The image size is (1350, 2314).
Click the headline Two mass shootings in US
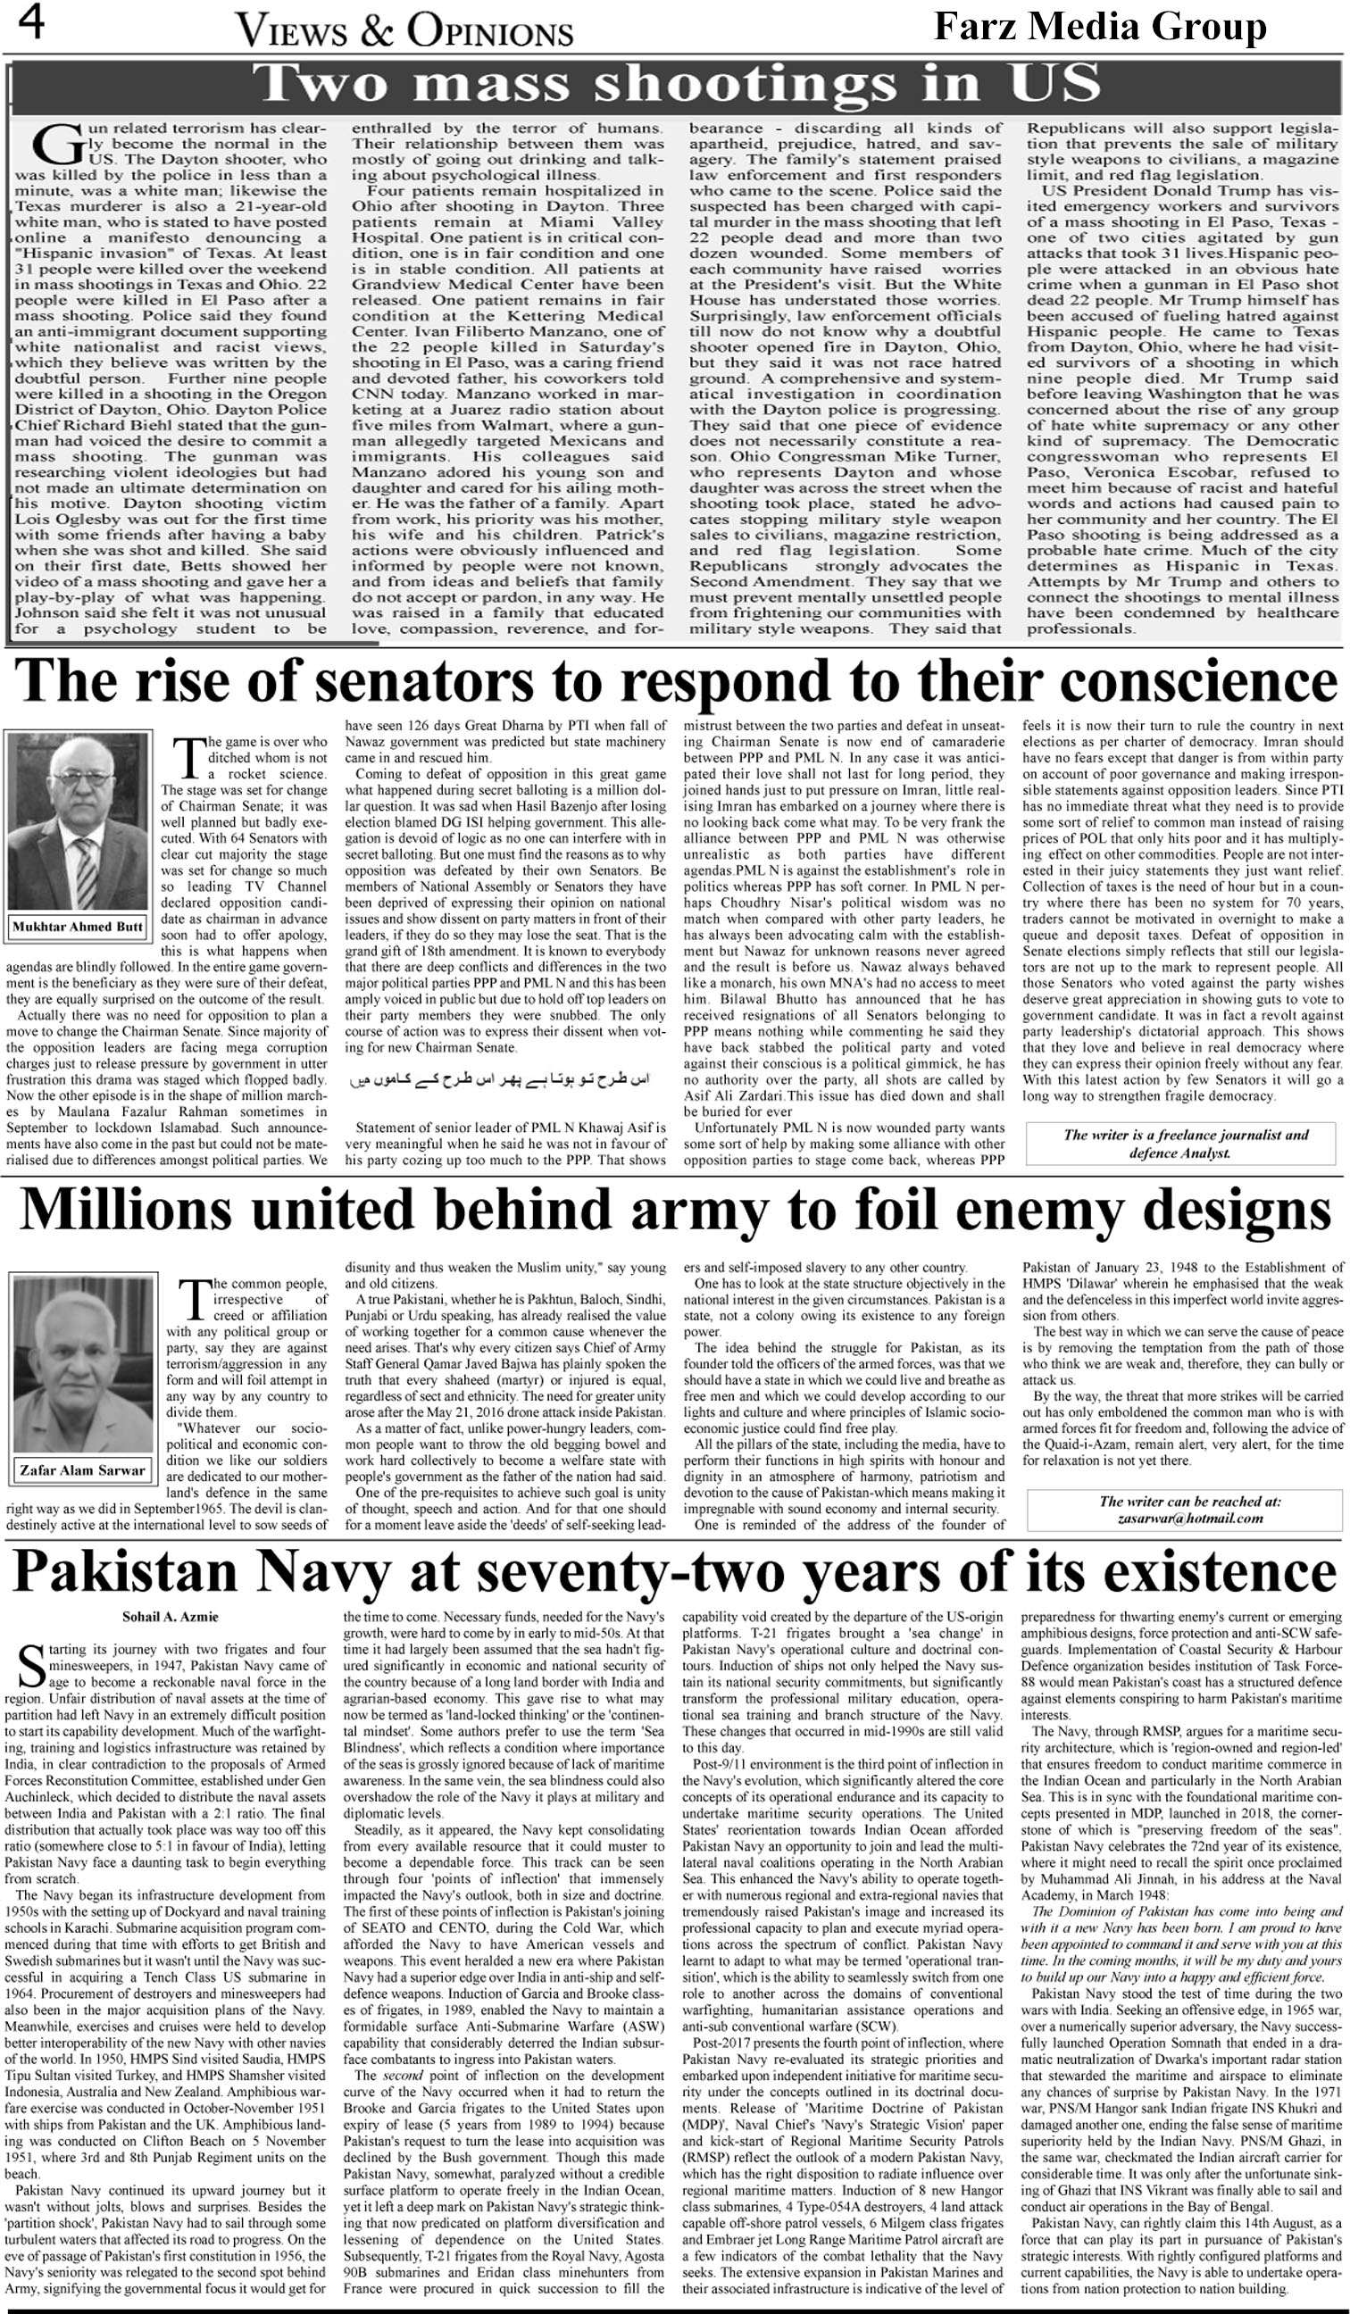click(x=679, y=84)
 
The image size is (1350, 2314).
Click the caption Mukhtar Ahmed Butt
click(x=78, y=927)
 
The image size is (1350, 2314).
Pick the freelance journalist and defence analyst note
click(x=1186, y=1144)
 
